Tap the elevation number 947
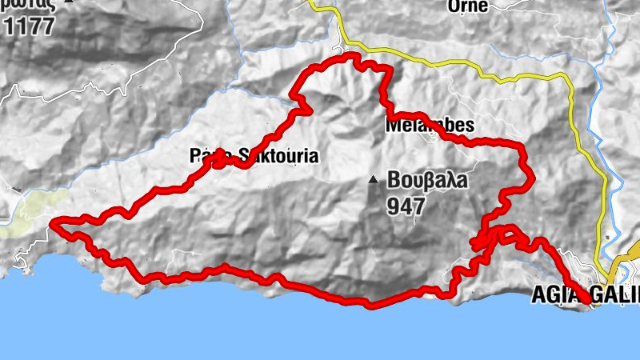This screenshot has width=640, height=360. point(406,206)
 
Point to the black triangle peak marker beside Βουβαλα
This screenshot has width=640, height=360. point(373,180)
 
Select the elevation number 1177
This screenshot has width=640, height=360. point(29,26)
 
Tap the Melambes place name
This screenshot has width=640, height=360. point(430,126)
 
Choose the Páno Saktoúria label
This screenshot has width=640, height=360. point(254,157)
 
